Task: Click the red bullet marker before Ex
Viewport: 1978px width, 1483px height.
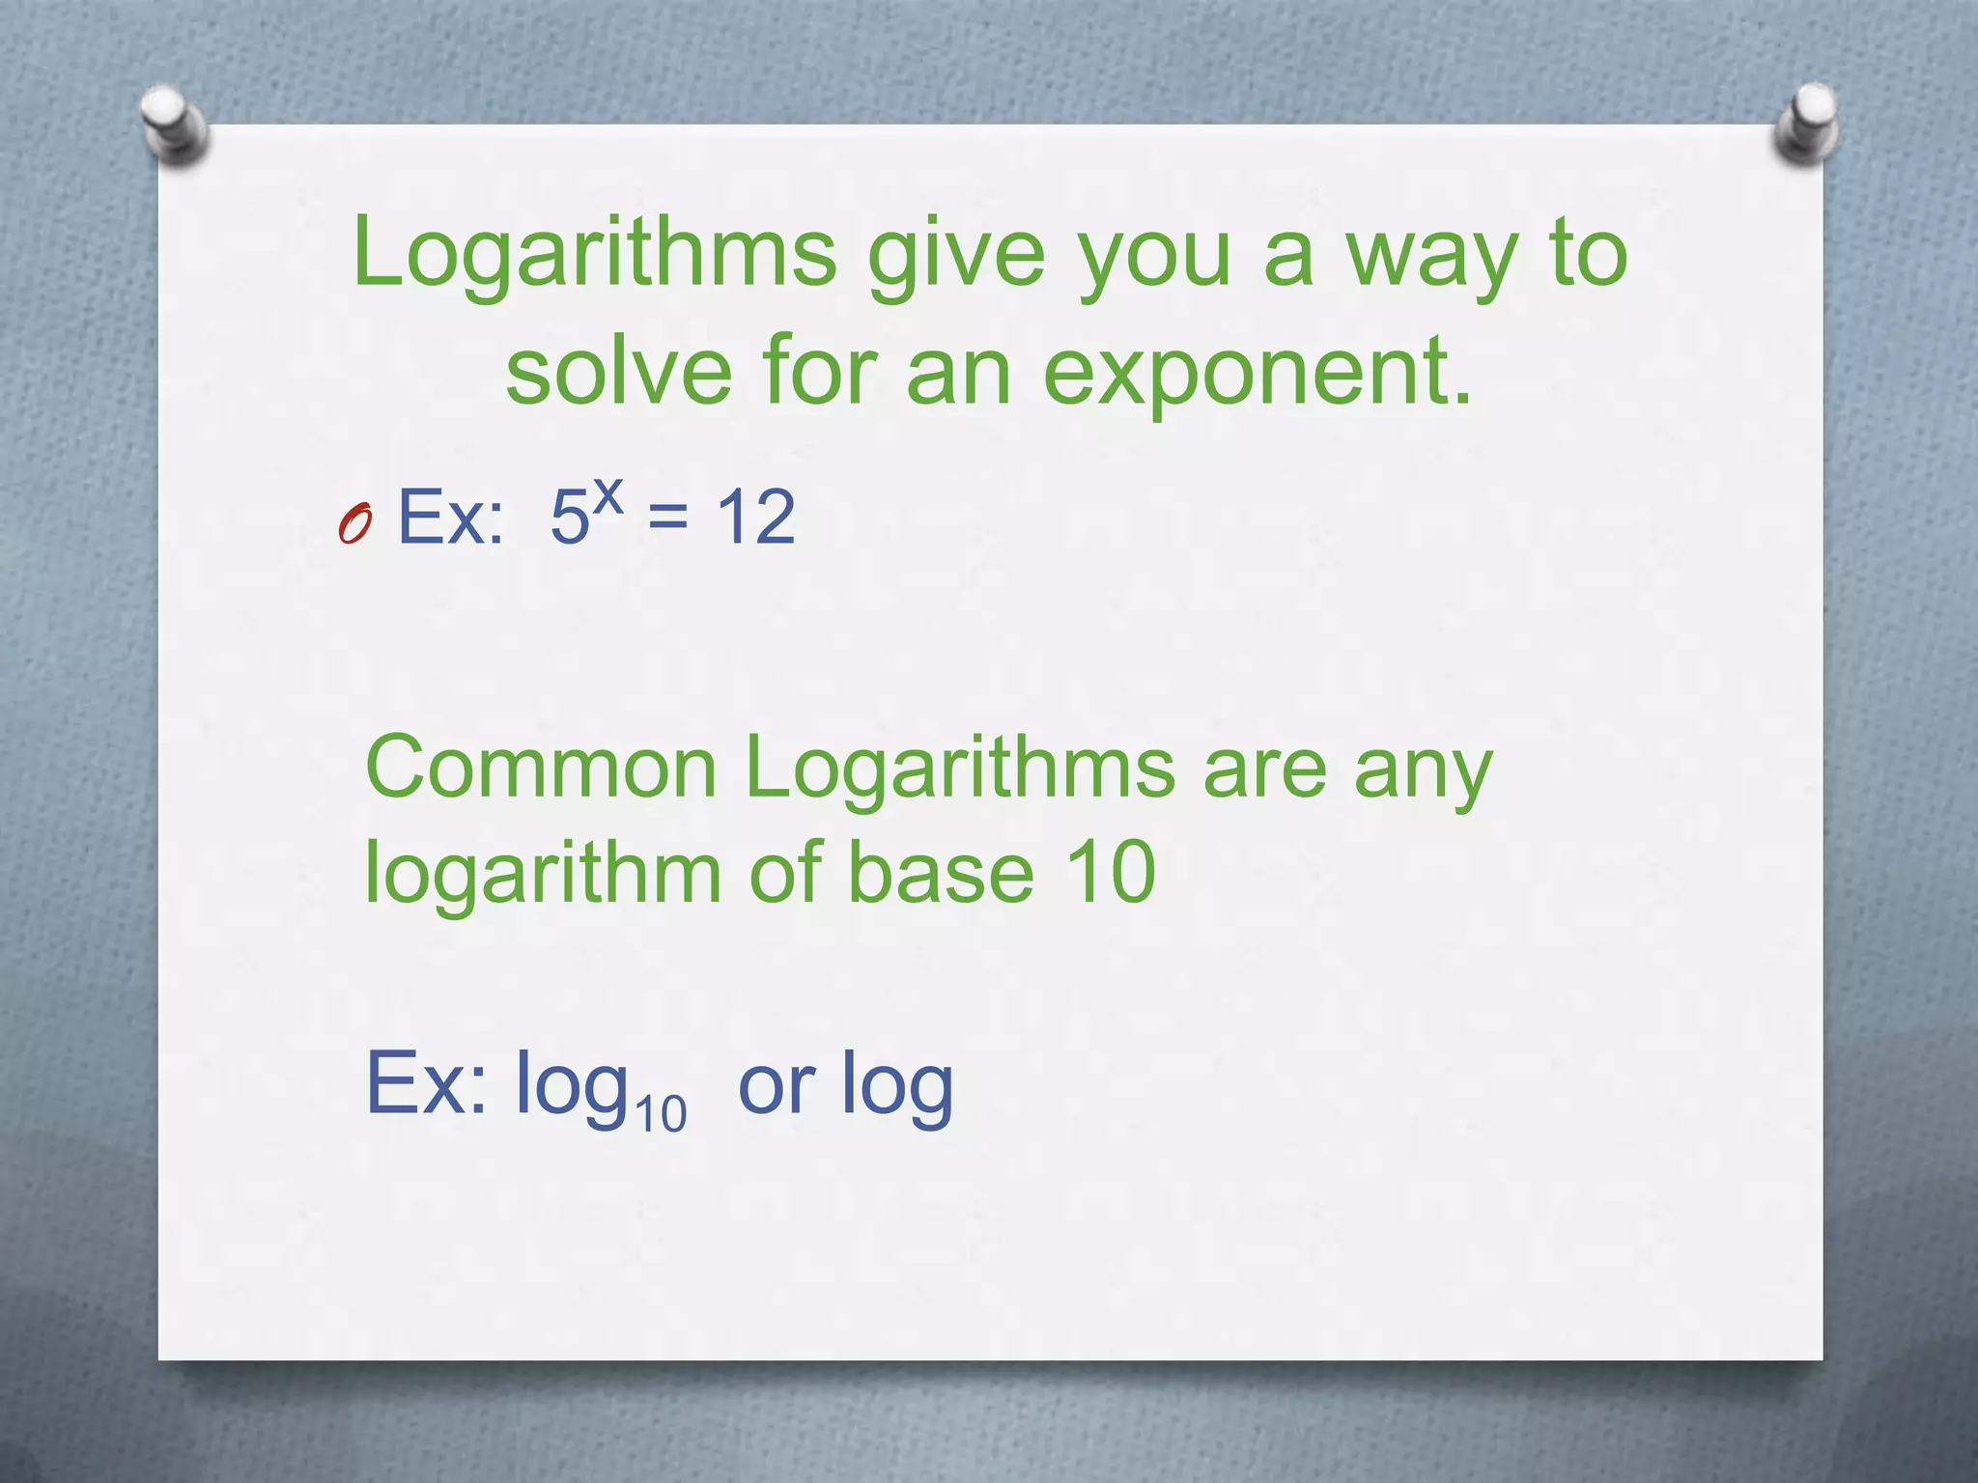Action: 355,524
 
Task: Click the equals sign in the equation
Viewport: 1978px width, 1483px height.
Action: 668,518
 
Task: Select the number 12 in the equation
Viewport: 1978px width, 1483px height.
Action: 755,518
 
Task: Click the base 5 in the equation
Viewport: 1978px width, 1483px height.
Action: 569,518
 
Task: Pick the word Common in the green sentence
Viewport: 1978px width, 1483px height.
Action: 541,769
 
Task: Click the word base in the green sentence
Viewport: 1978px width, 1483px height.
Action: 941,873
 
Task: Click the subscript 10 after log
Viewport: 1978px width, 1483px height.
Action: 661,1113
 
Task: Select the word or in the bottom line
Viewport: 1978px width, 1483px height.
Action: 777,1086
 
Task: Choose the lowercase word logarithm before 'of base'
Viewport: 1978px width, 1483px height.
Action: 543,875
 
